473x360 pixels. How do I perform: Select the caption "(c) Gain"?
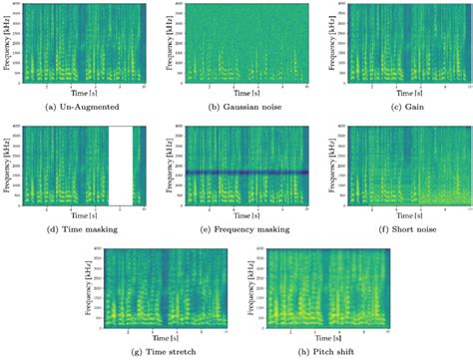[x=393, y=104]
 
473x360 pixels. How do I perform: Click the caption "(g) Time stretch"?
[x=158, y=351]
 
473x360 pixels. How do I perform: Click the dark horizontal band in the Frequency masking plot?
[x=239, y=172]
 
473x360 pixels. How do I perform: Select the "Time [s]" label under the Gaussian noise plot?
[x=239, y=92]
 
